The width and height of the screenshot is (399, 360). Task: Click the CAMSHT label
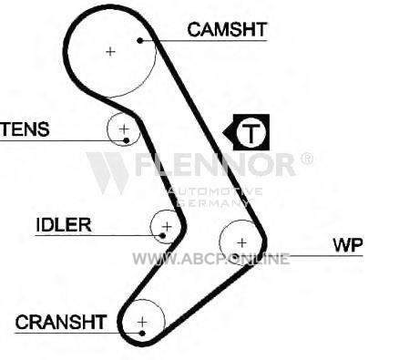(x=227, y=30)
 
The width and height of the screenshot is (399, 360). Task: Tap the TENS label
(x=25, y=129)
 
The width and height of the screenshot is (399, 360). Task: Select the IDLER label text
(x=64, y=225)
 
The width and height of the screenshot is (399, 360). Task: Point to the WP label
(x=348, y=245)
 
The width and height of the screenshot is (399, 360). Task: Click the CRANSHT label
(x=61, y=322)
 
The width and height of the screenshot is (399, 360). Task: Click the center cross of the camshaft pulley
(x=110, y=52)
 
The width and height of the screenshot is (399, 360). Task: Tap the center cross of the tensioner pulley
(x=124, y=129)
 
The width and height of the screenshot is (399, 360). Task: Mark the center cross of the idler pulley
(x=167, y=226)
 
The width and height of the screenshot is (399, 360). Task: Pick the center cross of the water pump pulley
(x=242, y=242)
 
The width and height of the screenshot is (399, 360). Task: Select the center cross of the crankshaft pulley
(x=142, y=322)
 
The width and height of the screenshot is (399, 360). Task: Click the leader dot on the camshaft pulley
(x=139, y=40)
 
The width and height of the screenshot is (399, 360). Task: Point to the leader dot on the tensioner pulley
(x=127, y=140)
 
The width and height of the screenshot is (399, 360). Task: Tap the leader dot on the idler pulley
(x=162, y=235)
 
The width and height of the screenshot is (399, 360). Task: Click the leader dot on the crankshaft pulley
(x=142, y=334)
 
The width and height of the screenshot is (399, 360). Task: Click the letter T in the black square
(x=251, y=133)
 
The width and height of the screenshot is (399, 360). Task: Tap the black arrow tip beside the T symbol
(x=223, y=132)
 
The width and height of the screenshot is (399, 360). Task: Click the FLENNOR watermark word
(x=215, y=165)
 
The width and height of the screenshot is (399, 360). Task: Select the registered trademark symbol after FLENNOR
(x=307, y=159)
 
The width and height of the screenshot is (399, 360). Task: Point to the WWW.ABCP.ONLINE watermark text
(x=210, y=259)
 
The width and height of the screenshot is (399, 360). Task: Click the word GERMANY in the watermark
(x=212, y=202)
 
